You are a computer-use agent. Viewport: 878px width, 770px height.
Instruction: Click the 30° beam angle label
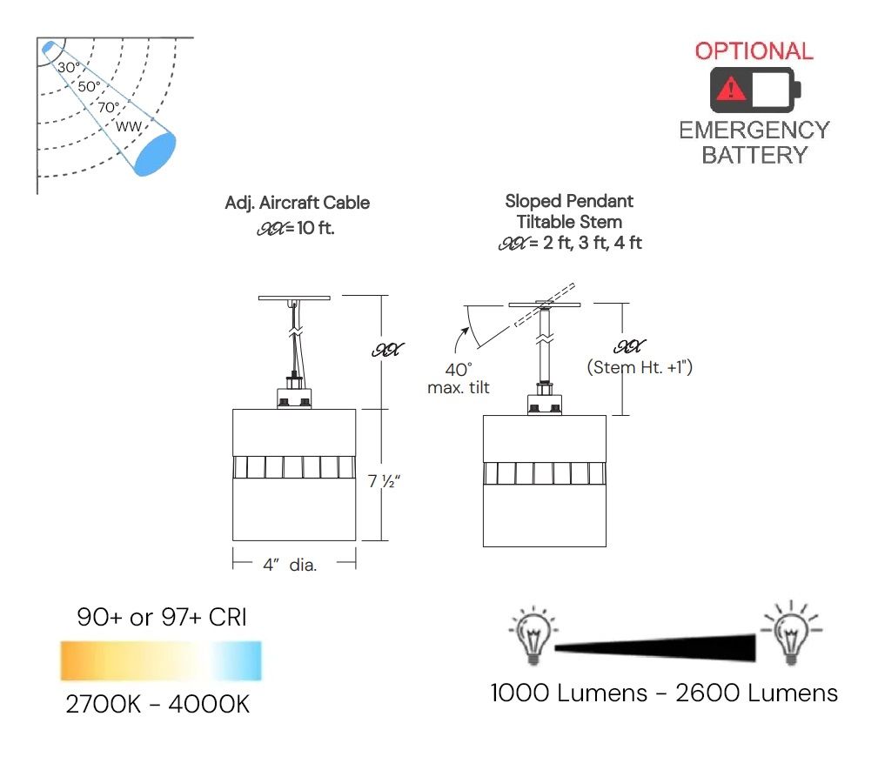(x=69, y=67)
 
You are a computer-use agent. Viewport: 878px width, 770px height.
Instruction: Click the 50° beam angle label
(x=89, y=87)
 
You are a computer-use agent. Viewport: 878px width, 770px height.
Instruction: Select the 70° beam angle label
(x=109, y=108)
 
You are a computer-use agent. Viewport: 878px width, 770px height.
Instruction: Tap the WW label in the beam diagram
(x=129, y=128)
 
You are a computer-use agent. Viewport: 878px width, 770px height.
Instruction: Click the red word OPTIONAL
(x=754, y=50)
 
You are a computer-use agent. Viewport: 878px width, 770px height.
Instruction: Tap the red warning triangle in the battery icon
(x=732, y=89)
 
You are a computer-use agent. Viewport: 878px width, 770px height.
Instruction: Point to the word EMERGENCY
(x=754, y=131)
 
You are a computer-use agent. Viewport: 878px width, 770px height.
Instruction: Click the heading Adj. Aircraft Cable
(x=297, y=203)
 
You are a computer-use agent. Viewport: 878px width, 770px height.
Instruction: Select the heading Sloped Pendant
(x=569, y=201)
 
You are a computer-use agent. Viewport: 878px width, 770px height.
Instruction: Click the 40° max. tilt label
(x=458, y=378)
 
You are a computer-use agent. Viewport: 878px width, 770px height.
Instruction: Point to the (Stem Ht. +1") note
(x=640, y=367)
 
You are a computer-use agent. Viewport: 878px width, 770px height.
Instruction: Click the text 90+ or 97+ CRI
(x=162, y=619)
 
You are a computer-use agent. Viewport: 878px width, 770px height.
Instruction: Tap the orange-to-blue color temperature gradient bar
(x=160, y=660)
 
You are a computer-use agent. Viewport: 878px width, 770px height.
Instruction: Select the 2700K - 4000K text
(x=158, y=704)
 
